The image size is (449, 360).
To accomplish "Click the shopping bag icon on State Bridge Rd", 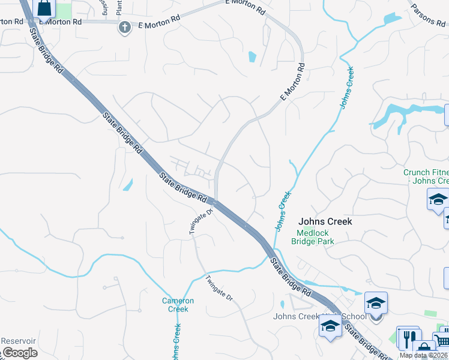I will pyautogui.click(x=45, y=8).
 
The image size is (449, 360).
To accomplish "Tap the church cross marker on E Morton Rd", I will pyautogui.click(x=124, y=27).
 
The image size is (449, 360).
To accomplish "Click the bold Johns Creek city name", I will pyautogui.click(x=325, y=221).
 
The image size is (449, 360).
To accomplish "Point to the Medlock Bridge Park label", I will pyautogui.click(x=312, y=238).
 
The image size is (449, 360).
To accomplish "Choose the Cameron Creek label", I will pyautogui.click(x=178, y=305).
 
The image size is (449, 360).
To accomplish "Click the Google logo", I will pyautogui.click(x=19, y=353).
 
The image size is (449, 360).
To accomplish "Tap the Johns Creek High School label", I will pyautogui.click(x=319, y=316).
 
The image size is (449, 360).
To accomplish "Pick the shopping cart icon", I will pyautogui.click(x=442, y=340).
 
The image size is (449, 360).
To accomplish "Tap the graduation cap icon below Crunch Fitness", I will pyautogui.click(x=438, y=199).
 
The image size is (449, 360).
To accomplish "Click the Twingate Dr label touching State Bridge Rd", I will pyautogui.click(x=202, y=221).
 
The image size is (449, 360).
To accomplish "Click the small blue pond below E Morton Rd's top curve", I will pyautogui.click(x=252, y=58).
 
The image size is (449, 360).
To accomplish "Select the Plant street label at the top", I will pyautogui.click(x=119, y=8).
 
